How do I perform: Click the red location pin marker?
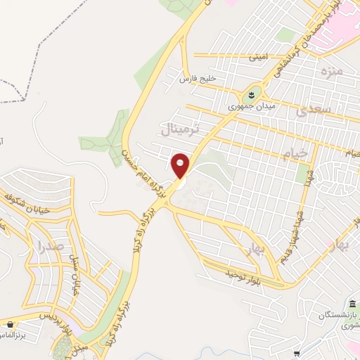point(181,166)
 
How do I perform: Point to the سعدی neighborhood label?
point(310,110)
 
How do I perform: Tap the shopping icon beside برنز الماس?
point(10,324)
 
